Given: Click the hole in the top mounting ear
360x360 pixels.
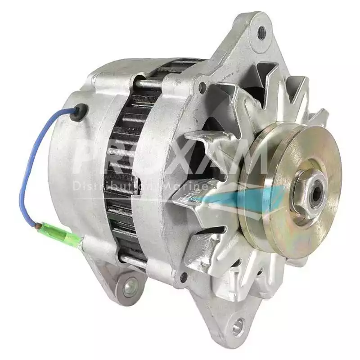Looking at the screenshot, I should point(261,31).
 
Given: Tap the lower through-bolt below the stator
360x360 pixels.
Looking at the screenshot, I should point(135,260).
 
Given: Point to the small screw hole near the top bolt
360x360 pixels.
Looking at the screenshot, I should point(202,87).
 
